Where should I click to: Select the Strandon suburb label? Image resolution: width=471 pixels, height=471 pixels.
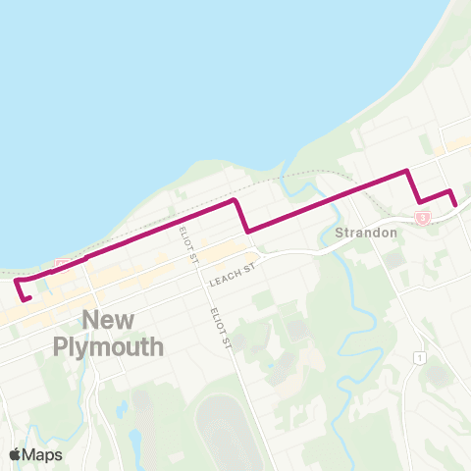point(365,234)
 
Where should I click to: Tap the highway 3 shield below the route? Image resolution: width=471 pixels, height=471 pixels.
point(422,217)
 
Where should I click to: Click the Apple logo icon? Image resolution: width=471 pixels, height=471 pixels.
point(16,454)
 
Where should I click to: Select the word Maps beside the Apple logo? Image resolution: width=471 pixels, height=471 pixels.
point(44,454)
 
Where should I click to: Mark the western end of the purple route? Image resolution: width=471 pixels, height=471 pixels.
point(29,298)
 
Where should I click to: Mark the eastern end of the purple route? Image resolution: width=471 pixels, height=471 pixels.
point(456,204)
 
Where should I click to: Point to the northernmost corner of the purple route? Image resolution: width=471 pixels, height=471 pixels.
point(406,172)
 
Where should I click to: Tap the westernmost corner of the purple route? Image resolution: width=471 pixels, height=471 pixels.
point(17,282)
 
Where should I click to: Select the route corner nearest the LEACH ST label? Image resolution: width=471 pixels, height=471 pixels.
point(246,232)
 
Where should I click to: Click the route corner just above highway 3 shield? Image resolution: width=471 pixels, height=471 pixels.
point(420,202)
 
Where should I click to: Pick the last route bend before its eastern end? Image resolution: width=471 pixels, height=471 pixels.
point(449,190)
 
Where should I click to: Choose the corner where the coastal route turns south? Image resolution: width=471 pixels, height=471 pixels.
point(234,200)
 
